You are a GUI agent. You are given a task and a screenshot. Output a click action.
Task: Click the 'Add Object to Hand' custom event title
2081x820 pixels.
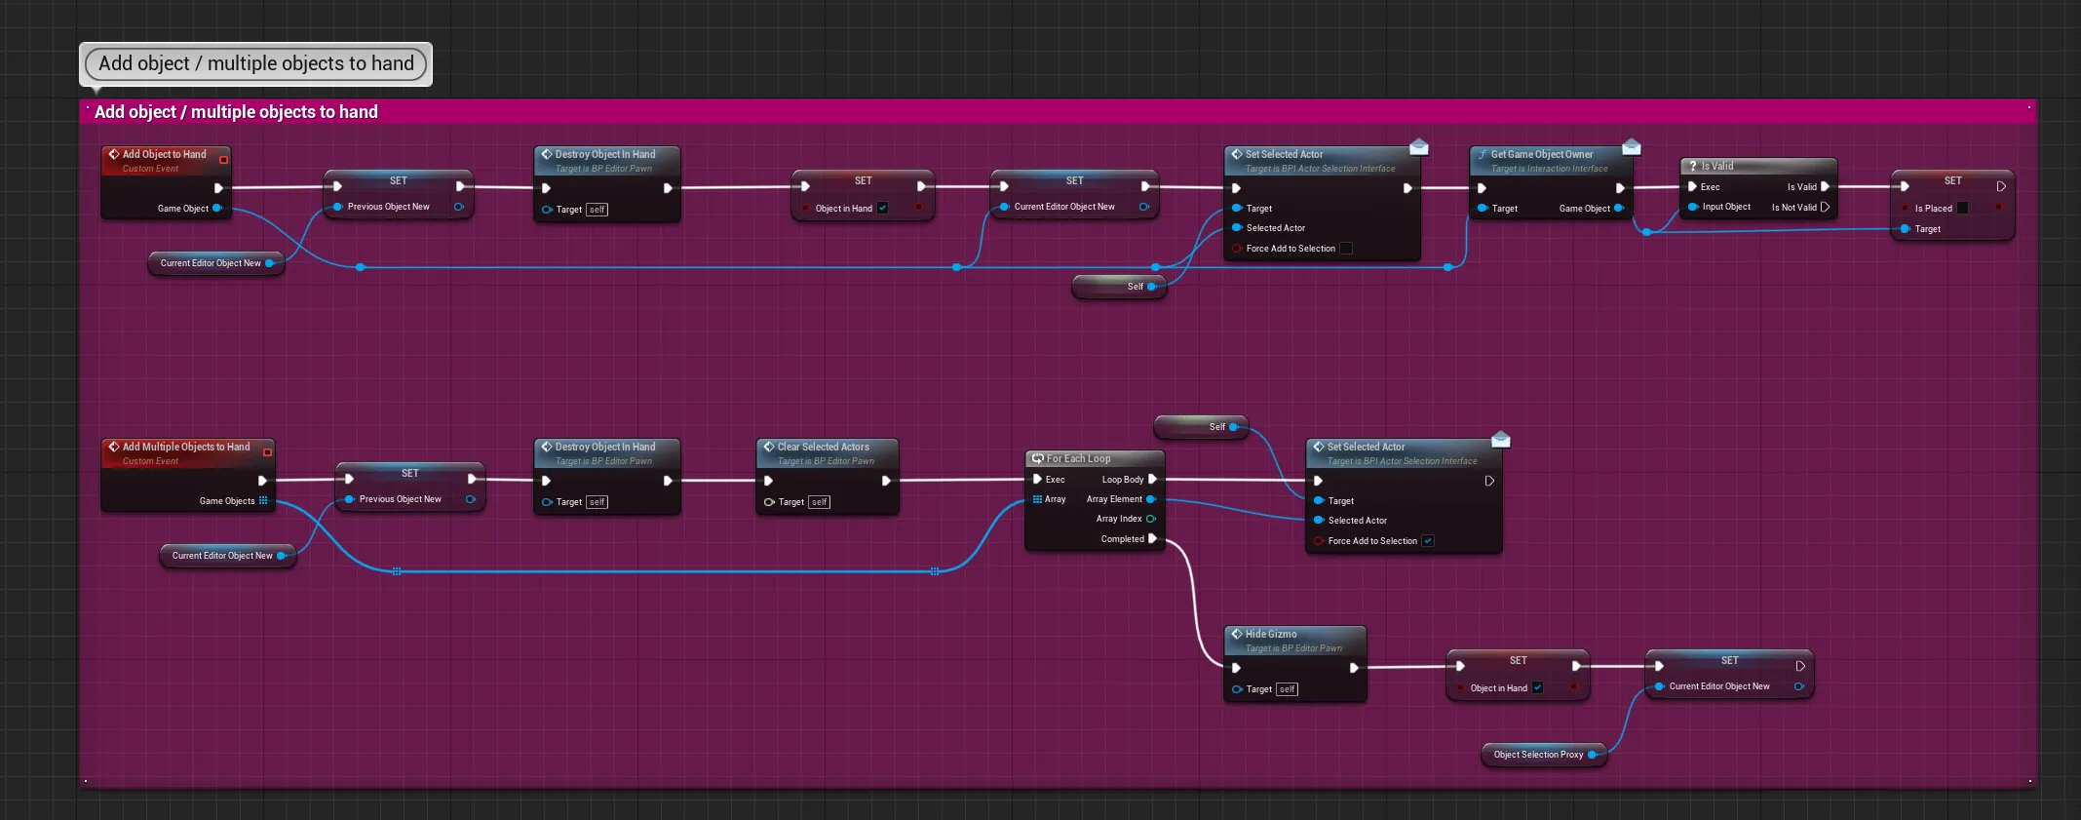click(164, 154)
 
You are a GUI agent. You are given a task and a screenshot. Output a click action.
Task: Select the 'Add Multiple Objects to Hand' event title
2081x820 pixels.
click(185, 447)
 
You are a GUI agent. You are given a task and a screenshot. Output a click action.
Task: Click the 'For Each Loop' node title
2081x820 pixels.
click(1078, 458)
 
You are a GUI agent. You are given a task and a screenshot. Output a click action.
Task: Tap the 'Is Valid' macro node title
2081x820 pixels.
click(1716, 166)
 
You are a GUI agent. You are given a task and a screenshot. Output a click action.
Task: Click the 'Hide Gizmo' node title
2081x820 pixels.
click(1270, 634)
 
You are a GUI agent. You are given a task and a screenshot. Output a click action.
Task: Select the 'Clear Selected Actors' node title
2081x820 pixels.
click(823, 447)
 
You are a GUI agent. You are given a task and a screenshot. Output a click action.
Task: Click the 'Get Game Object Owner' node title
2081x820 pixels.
click(1541, 154)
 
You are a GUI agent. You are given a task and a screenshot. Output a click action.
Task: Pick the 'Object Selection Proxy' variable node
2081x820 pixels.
click(1538, 755)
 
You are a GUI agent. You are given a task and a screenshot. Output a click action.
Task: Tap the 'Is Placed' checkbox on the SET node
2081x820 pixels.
click(1962, 208)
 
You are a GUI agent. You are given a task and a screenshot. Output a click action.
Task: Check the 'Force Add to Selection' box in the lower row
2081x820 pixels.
click(1428, 541)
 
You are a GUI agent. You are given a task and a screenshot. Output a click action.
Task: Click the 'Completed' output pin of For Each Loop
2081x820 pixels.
click(1152, 538)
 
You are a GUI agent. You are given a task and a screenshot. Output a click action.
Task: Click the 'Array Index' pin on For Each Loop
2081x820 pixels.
click(1151, 519)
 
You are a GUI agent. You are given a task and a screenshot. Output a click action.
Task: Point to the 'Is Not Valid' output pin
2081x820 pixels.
click(1825, 207)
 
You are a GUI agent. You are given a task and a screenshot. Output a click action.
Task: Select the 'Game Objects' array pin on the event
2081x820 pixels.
click(263, 500)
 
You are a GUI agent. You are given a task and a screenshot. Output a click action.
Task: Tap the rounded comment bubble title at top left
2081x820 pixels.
click(255, 63)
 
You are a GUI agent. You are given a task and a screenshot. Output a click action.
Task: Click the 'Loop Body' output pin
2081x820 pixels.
click(1152, 479)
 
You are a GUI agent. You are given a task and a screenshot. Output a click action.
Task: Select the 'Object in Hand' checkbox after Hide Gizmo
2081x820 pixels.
click(1537, 687)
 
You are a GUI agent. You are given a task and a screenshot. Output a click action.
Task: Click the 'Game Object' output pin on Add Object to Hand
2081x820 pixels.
click(216, 208)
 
